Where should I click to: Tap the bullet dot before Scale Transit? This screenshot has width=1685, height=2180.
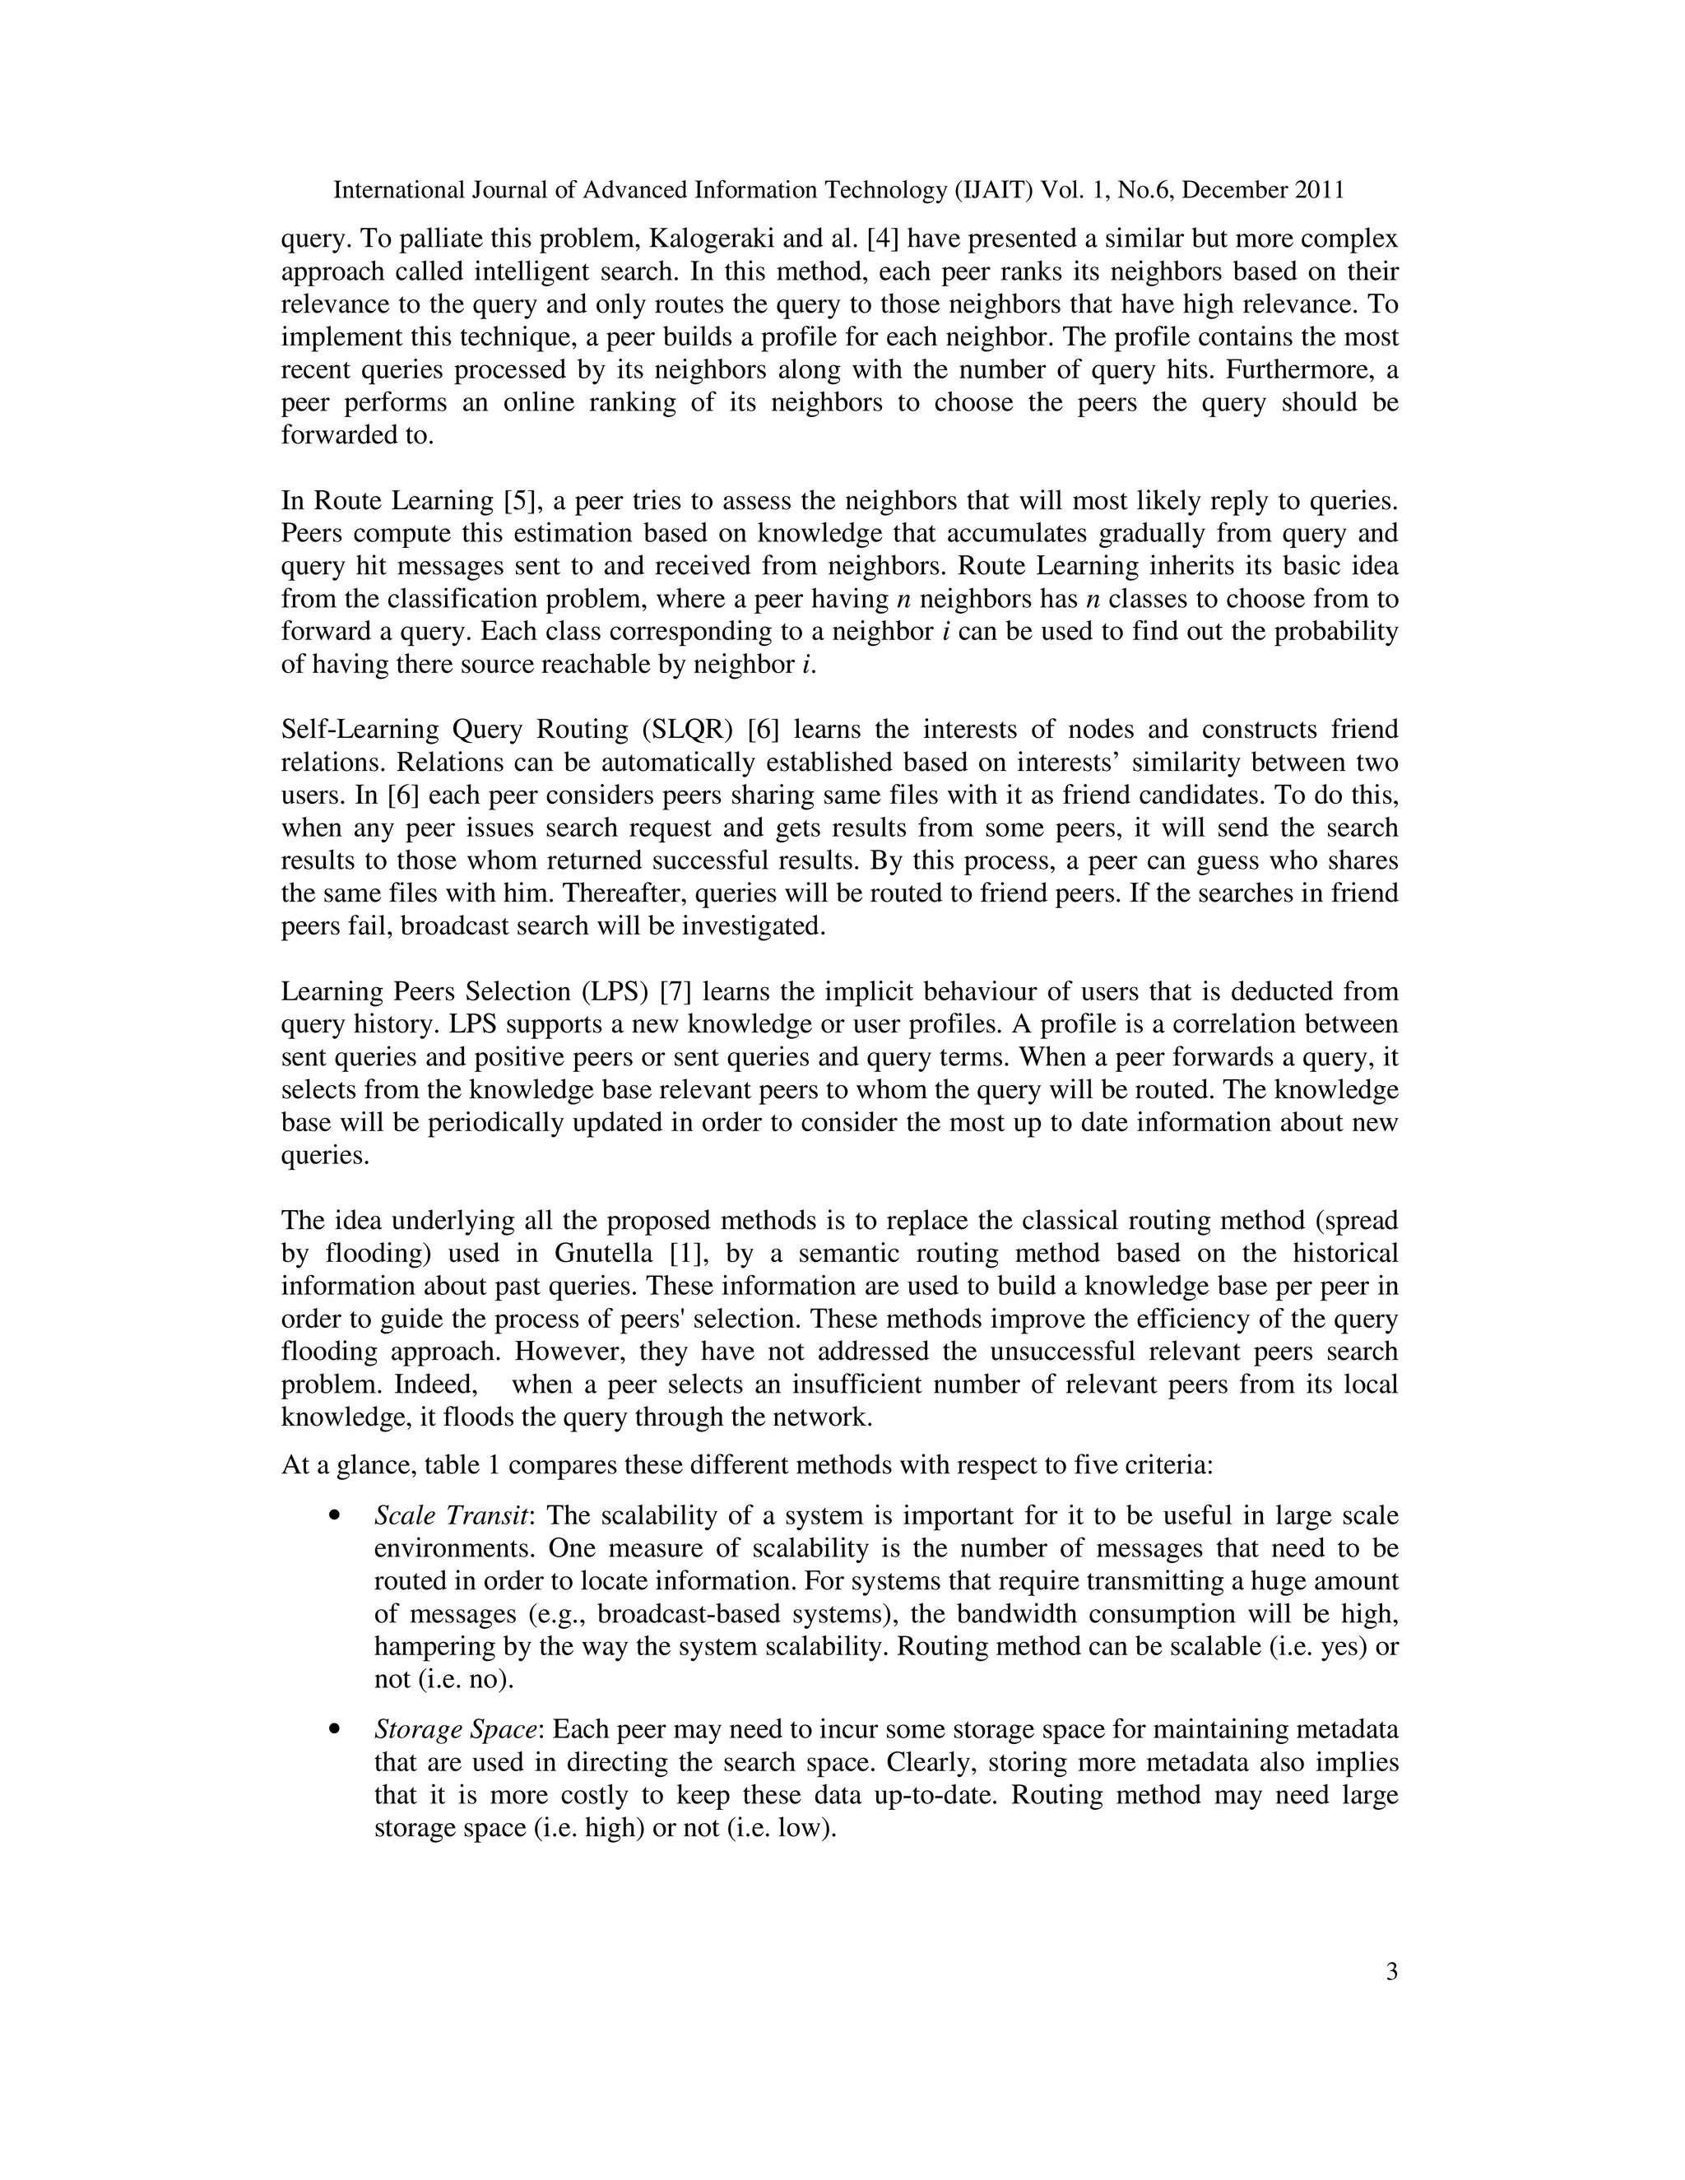[336, 1516]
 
